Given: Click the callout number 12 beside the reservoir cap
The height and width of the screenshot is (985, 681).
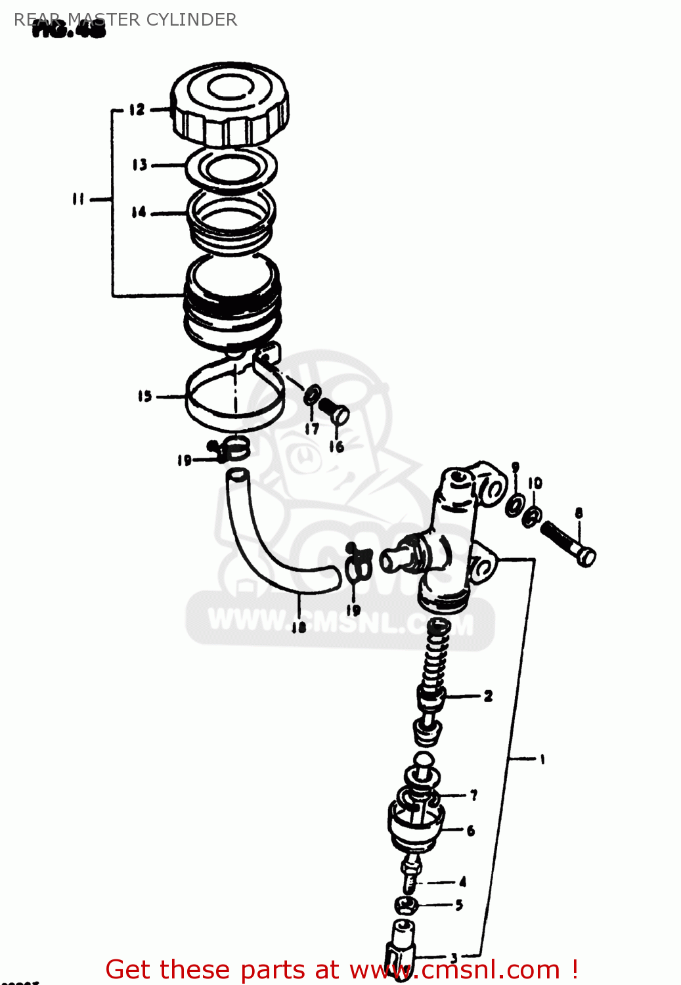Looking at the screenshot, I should (x=137, y=110).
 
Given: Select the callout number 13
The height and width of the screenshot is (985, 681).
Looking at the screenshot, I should (x=139, y=165).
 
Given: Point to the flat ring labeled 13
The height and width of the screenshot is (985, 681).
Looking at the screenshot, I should (x=231, y=167).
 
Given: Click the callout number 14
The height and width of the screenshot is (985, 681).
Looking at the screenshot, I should (x=139, y=212).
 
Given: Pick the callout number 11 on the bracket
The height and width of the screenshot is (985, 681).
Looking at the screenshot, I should (x=78, y=198).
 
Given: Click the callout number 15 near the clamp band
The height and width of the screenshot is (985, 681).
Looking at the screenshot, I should (x=144, y=396).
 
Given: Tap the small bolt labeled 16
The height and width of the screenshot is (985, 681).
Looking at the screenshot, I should (x=335, y=410).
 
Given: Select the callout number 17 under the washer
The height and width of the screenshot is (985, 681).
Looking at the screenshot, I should (x=312, y=429).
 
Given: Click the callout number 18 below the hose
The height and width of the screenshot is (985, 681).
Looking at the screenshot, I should (x=299, y=627).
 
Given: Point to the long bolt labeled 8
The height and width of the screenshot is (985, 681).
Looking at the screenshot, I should (x=568, y=544).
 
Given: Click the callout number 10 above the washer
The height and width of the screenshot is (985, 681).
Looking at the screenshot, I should (x=535, y=483).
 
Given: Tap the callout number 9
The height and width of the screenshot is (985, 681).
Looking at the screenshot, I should (x=516, y=467).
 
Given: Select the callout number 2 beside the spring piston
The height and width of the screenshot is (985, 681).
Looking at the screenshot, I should (x=488, y=696).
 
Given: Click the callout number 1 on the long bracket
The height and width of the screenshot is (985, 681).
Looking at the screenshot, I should (x=542, y=760).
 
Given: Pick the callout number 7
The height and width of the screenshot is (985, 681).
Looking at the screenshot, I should (x=473, y=795).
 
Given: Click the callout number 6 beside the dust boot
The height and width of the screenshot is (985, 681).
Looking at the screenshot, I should (x=471, y=831).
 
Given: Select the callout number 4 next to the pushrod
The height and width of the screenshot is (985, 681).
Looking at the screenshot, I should (x=463, y=882).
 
